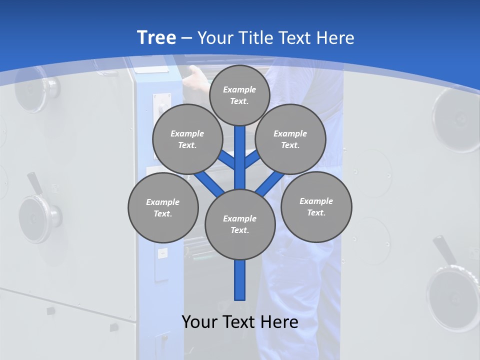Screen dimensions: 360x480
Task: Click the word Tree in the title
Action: tap(156, 38)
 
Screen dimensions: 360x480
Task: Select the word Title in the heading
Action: tap(255, 38)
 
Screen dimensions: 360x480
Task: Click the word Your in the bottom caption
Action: tap(200, 322)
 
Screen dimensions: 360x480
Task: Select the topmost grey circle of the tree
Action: tap(239, 95)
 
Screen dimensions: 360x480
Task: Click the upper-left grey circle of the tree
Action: tap(187, 139)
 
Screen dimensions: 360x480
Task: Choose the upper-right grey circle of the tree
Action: tap(290, 139)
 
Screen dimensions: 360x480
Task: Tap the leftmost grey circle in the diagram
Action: tap(163, 208)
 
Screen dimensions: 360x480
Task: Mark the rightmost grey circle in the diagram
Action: tap(316, 206)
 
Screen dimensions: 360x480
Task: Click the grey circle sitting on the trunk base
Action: tap(240, 224)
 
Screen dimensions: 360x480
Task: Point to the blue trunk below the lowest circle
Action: tap(240, 280)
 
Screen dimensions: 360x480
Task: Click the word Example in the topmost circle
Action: tap(239, 89)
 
